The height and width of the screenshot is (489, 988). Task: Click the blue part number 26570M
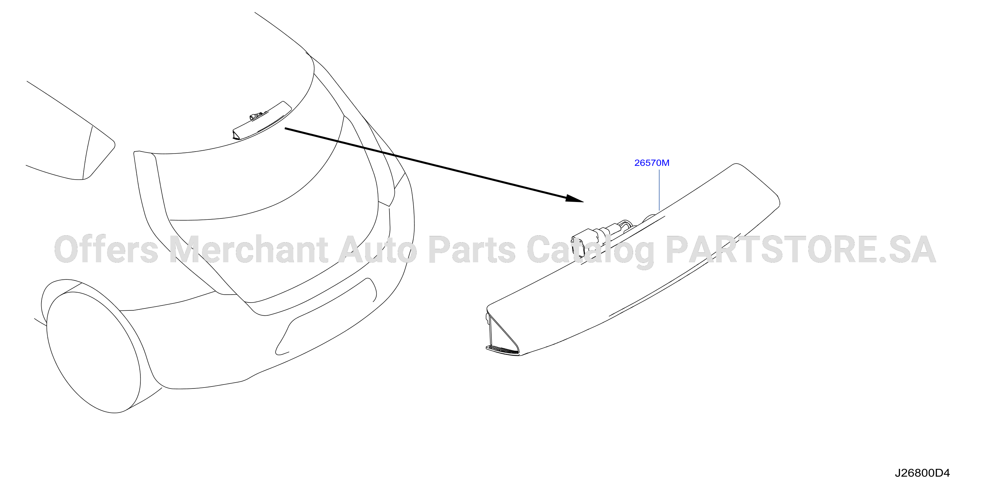tap(652, 163)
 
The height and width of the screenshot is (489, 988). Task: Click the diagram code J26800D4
tap(922, 473)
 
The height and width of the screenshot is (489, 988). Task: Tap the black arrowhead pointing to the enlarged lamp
tap(574, 198)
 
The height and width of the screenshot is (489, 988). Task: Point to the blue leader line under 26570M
tap(659, 190)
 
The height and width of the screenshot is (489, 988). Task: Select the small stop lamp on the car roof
tap(262, 120)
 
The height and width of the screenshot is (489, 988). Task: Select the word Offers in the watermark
tap(106, 249)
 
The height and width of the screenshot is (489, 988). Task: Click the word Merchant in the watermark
tap(248, 249)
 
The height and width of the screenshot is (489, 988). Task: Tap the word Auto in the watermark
tap(378, 250)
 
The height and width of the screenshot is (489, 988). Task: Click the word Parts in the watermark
tap(472, 250)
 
